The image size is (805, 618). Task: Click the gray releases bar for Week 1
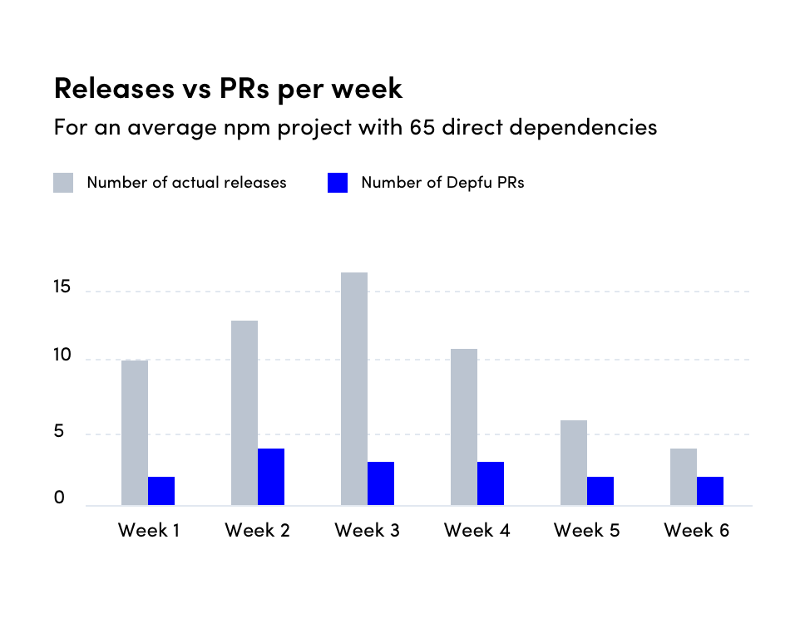tap(135, 433)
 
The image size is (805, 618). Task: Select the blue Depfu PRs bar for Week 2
tap(271, 477)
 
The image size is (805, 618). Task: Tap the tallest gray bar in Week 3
tap(354, 389)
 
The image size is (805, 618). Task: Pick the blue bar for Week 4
tap(491, 483)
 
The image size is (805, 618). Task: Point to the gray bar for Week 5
tap(574, 463)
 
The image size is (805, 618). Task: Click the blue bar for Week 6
tap(710, 491)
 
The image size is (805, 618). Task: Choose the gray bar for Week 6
tap(684, 477)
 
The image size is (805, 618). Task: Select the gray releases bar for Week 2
tap(244, 413)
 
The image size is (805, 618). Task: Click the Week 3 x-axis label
tap(367, 530)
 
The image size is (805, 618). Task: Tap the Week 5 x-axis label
tap(586, 530)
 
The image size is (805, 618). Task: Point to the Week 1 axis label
tap(148, 530)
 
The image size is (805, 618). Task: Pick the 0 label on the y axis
tap(59, 498)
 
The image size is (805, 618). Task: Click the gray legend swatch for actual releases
tap(63, 183)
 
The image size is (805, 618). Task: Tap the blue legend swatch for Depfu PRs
tap(338, 183)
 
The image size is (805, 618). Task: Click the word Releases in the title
tap(107, 87)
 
